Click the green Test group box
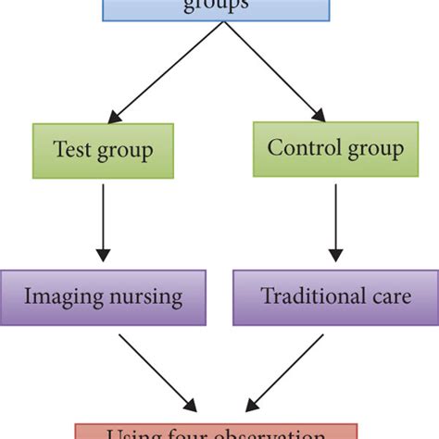tap(102, 151)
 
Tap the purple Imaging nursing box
tap(103, 297)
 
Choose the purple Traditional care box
tap(335, 297)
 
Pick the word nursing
tap(144, 298)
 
